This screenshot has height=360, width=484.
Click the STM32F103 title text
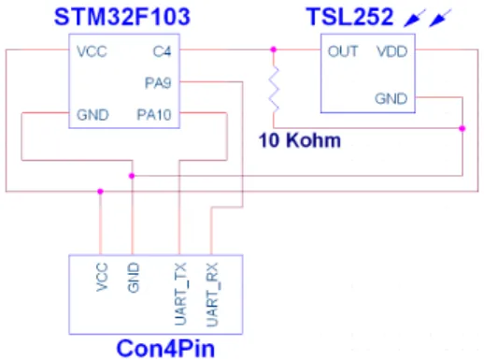[121, 17]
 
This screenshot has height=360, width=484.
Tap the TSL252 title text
[349, 17]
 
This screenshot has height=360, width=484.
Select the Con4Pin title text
[165, 349]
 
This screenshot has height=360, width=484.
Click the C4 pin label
[162, 51]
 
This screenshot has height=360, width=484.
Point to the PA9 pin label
[158, 83]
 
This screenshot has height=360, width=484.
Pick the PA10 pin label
[154, 115]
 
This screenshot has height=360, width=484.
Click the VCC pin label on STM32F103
[92, 51]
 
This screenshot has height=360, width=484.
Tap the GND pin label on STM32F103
[93, 115]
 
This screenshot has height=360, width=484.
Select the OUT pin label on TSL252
[343, 51]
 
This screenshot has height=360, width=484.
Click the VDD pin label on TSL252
[391, 51]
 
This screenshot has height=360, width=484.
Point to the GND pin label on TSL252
[391, 99]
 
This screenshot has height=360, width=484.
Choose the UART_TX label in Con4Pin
[180, 294]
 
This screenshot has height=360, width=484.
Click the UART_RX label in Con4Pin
[212, 295]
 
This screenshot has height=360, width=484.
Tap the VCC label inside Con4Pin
[102, 277]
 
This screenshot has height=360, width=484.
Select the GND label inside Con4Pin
[134, 278]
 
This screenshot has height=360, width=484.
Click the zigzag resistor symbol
[274, 89]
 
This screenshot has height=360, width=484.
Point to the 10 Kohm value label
[300, 140]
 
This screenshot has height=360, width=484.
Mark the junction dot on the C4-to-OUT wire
[274, 50]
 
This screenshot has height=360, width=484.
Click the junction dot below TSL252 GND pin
[463, 128]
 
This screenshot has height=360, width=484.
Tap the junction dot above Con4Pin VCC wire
[100, 192]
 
